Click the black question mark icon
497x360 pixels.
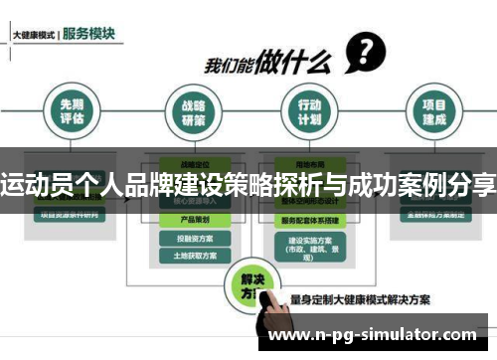[x=366, y=49]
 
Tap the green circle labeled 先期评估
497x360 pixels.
[x=72, y=112]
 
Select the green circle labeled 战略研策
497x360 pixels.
[x=193, y=112]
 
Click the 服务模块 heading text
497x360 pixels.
[x=88, y=33]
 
